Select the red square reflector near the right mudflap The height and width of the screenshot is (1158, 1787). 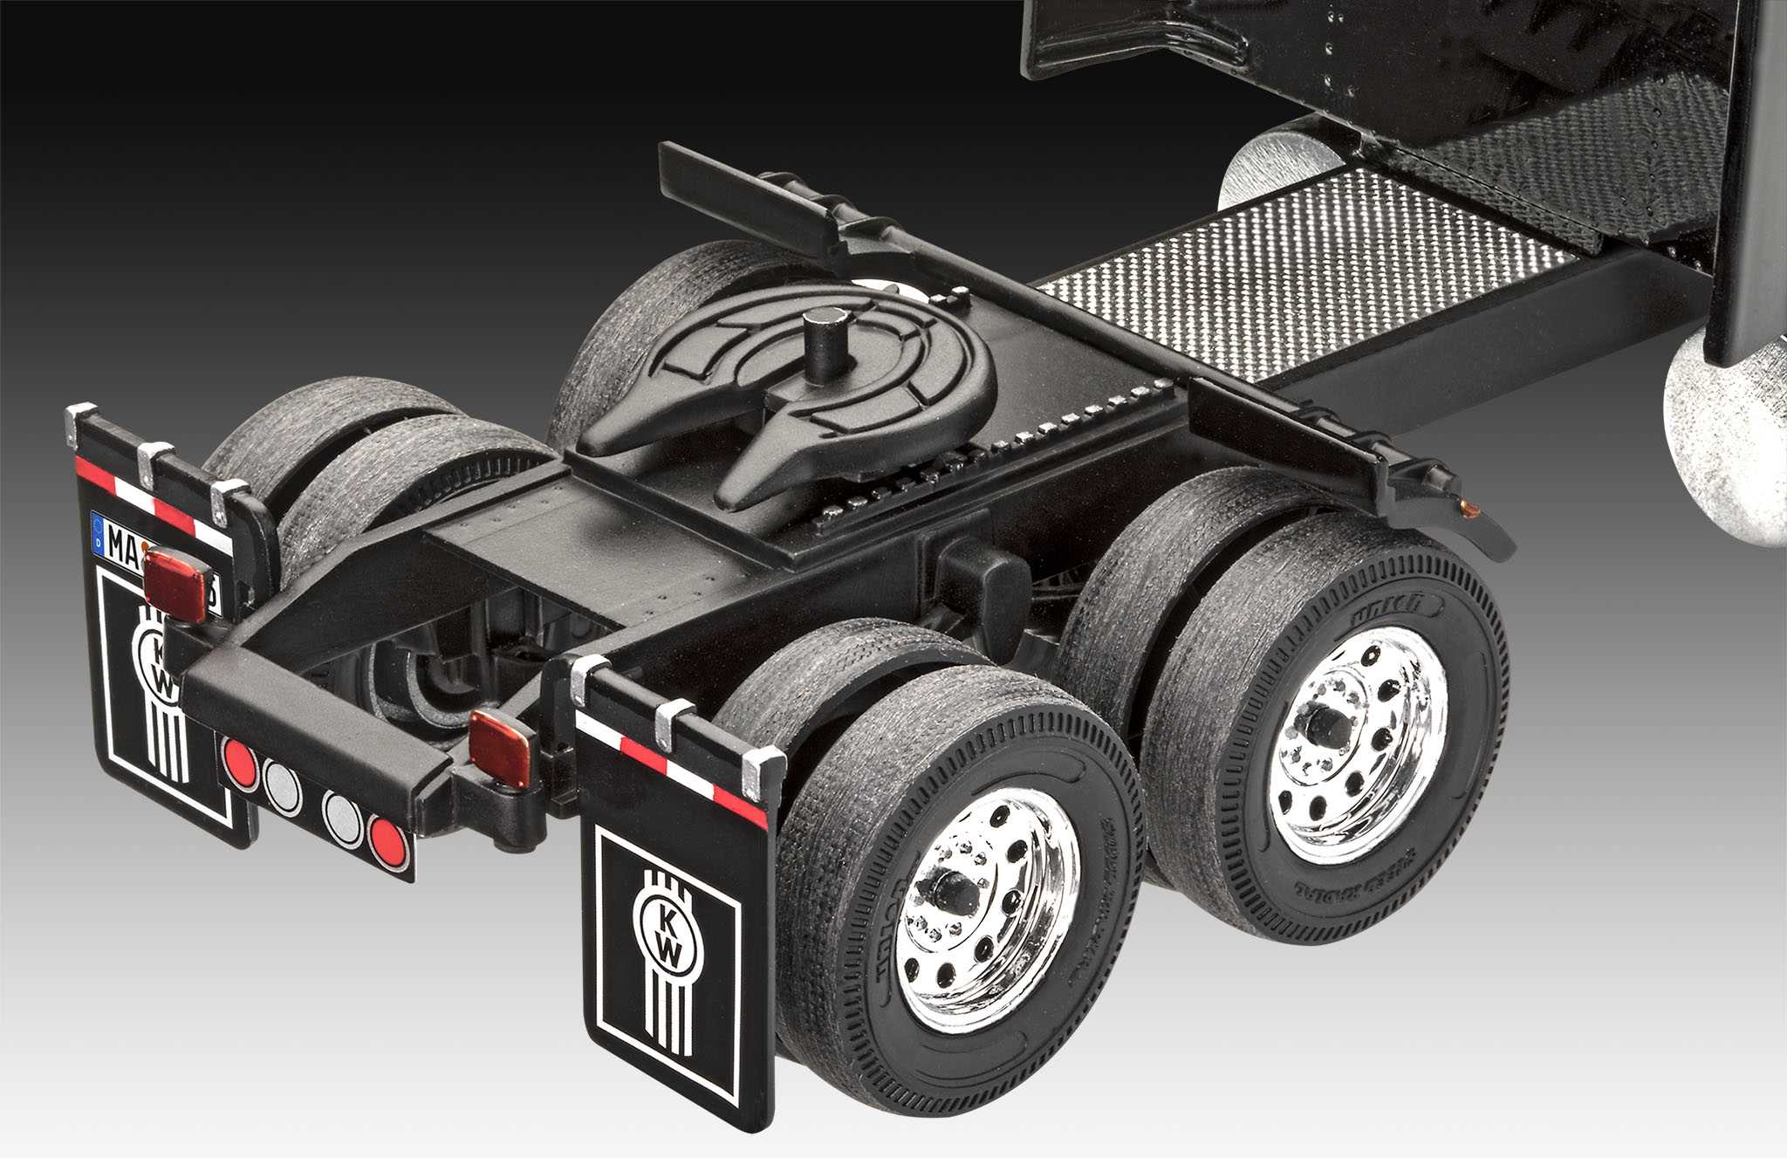(x=501, y=747)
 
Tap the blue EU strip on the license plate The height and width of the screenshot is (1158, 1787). (x=98, y=531)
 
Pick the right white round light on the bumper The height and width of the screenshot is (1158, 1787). (x=342, y=817)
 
